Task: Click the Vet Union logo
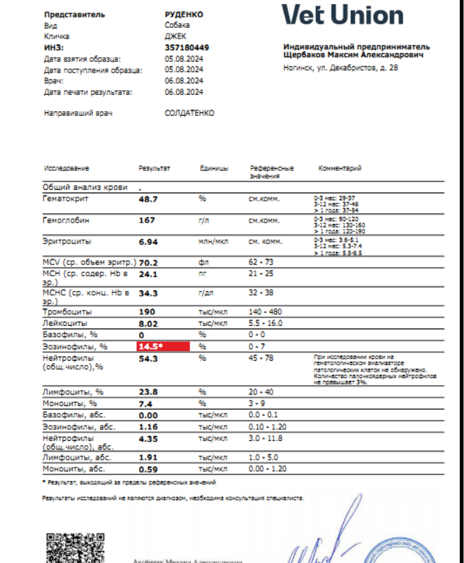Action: [x=342, y=15]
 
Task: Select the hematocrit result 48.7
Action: [x=149, y=199]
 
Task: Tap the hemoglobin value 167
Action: [x=147, y=220]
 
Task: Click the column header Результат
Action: [x=154, y=169]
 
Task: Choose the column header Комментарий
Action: [x=340, y=169]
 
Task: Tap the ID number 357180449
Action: [x=187, y=47]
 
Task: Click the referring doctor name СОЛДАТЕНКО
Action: [x=189, y=113]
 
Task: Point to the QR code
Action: [x=68, y=548]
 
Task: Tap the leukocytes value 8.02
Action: [x=149, y=324]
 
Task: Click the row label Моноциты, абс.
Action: [x=73, y=470]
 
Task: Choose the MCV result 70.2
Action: [x=149, y=264]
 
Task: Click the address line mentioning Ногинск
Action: [x=341, y=68]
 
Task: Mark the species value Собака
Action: [x=177, y=25]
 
